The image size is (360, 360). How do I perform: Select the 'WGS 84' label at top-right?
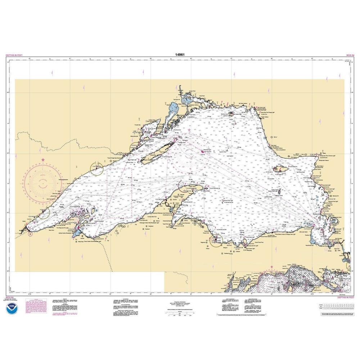[348, 55]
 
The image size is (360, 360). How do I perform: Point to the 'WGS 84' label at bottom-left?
[10, 297]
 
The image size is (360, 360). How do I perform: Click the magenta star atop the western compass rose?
[44, 159]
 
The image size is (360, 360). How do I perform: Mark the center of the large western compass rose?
[43, 183]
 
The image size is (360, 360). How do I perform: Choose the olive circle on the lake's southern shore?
[217, 240]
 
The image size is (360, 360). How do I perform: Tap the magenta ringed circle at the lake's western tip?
[30, 234]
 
